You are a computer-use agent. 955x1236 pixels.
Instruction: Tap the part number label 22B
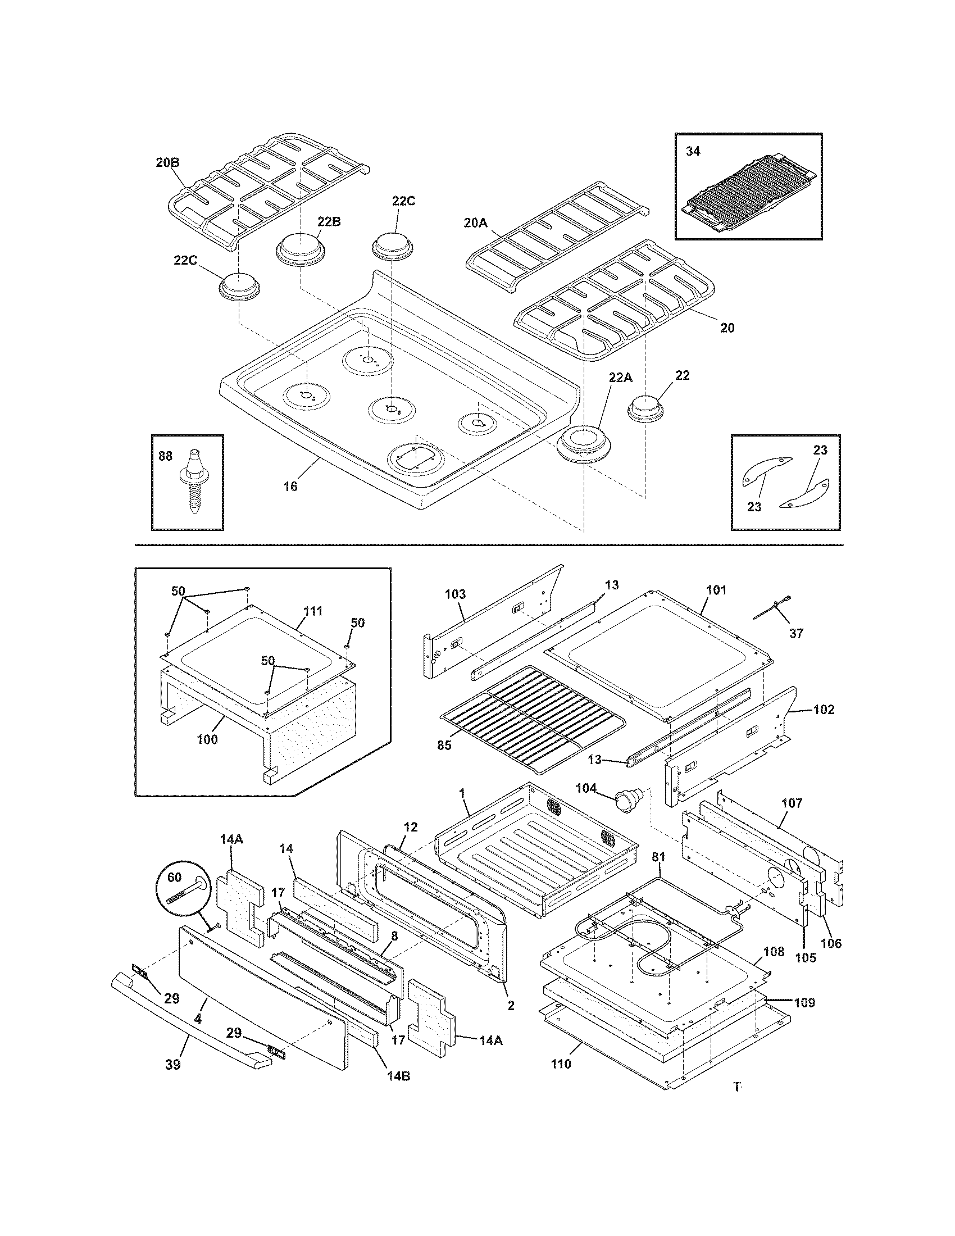pyautogui.click(x=329, y=221)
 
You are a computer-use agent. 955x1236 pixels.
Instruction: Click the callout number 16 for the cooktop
pyautogui.click(x=290, y=486)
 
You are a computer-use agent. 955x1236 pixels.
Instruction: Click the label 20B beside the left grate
pyautogui.click(x=167, y=162)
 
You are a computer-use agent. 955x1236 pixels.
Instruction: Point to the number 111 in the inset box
pyautogui.click(x=313, y=611)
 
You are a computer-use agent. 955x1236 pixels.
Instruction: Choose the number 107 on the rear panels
pyautogui.click(x=792, y=803)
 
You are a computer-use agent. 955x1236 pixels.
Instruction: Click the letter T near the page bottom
pyautogui.click(x=736, y=1087)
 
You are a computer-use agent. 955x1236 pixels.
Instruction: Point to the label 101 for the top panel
pyautogui.click(x=716, y=590)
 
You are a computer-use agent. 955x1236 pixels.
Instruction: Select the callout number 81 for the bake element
pyautogui.click(x=659, y=857)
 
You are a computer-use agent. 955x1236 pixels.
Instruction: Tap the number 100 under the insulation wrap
pyautogui.click(x=207, y=739)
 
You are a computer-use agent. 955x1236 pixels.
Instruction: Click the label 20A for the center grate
pyautogui.click(x=475, y=223)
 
